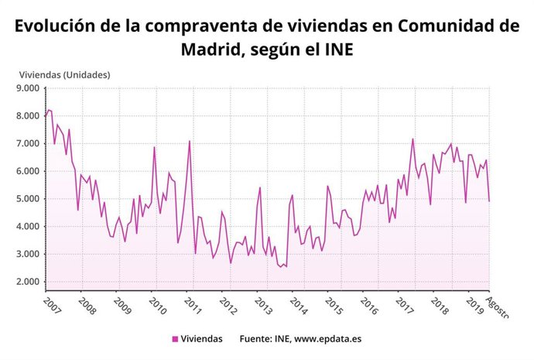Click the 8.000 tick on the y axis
[x=26, y=115]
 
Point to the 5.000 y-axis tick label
[x=26, y=198]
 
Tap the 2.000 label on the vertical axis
[x=26, y=281]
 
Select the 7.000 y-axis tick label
[x=26, y=143]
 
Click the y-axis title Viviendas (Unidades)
[x=64, y=75]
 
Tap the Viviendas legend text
[x=201, y=339]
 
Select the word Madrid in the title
[x=213, y=50]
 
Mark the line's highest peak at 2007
[x=50, y=110]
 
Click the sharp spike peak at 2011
[x=189, y=141]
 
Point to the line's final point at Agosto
[x=489, y=201]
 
